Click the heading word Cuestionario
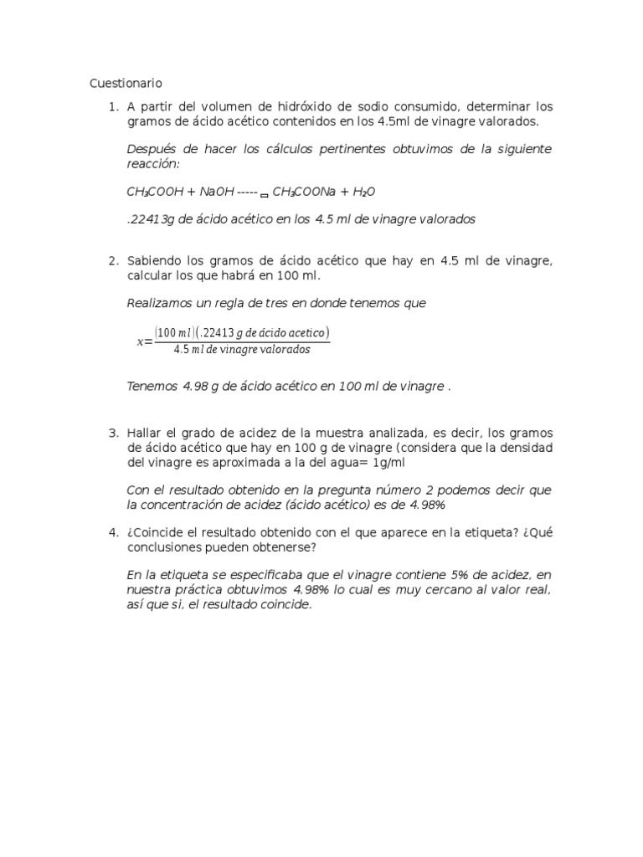tap(126, 83)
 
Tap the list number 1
tap(112, 107)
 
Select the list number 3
tap(112, 433)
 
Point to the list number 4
tap(112, 533)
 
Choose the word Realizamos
tap(160, 303)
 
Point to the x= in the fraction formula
tap(144, 341)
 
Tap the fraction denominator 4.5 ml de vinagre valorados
tap(242, 350)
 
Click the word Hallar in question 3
tap(143, 433)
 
